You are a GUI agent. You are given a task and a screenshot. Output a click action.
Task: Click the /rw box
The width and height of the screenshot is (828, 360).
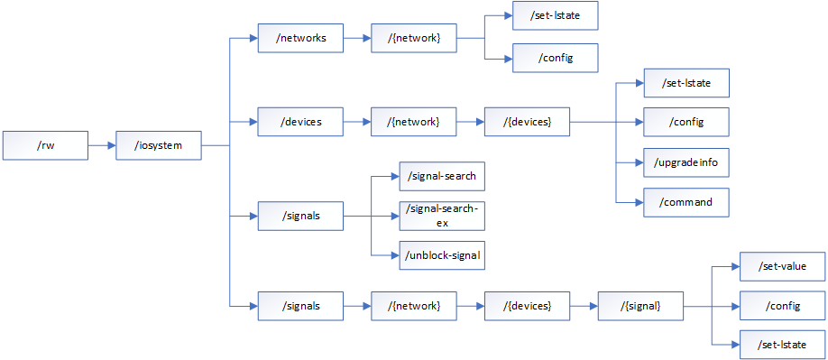(45, 144)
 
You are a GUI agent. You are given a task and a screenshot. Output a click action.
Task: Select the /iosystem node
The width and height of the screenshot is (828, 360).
(159, 144)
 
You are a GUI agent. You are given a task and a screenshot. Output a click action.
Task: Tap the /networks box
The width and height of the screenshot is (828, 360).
(300, 38)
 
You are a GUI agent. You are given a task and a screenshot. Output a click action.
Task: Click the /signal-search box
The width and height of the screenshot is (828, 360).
(442, 176)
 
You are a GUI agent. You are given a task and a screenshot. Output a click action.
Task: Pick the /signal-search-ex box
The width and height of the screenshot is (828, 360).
(442, 216)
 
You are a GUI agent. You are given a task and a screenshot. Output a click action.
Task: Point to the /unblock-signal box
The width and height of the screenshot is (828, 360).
(442, 255)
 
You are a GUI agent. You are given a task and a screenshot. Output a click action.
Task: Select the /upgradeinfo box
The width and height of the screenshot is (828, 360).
(685, 162)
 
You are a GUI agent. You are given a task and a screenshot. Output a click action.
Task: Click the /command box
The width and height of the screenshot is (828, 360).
(685, 202)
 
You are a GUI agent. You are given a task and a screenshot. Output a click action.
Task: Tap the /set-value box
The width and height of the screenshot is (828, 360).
(782, 266)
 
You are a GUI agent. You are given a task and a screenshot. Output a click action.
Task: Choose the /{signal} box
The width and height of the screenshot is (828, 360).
(640, 306)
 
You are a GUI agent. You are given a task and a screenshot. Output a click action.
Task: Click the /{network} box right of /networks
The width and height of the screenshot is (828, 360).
(414, 38)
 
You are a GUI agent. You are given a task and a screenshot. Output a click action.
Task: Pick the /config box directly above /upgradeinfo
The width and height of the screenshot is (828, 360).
(685, 121)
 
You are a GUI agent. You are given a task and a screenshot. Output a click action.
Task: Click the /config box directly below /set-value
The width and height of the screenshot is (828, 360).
(782, 306)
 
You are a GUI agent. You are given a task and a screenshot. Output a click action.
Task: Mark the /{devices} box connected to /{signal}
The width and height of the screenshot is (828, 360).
(527, 306)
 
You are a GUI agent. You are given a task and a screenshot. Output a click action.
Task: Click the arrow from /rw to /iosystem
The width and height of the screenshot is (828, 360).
(102, 144)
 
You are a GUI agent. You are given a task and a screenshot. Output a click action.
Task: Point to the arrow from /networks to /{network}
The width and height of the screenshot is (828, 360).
(357, 38)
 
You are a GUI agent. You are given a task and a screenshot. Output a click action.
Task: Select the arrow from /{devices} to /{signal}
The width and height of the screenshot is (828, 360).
(584, 306)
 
